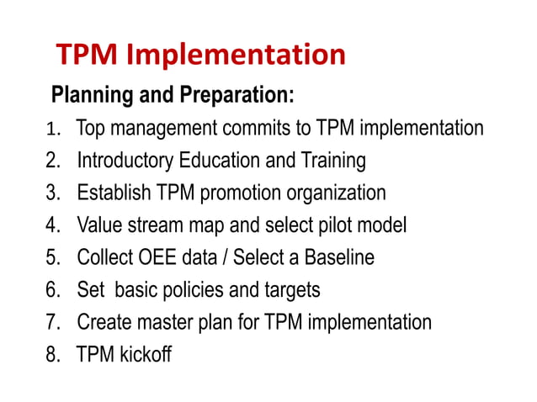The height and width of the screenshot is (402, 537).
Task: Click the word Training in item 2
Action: pos(330,161)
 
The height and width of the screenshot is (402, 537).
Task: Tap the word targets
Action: pos(288,291)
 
